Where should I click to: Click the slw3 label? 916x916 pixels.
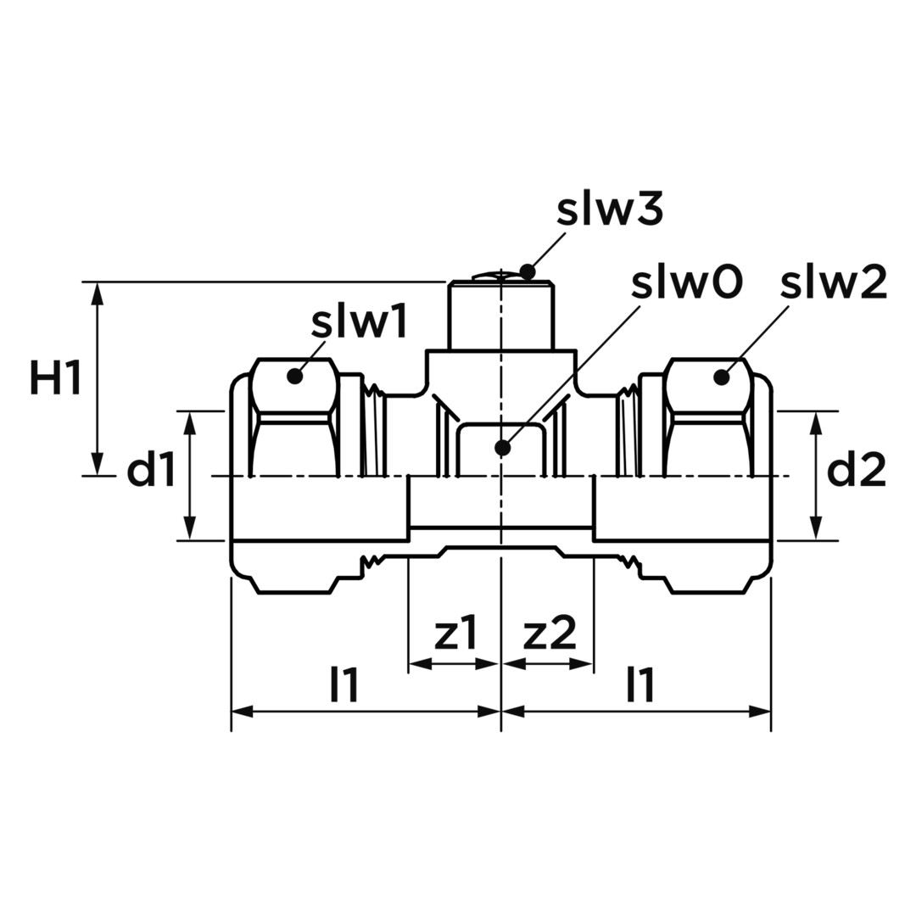[610, 210]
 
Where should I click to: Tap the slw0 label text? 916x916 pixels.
[687, 282]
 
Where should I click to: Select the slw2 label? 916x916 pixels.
[835, 282]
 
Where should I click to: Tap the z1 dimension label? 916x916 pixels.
[456, 634]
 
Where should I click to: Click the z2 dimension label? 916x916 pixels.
[549, 634]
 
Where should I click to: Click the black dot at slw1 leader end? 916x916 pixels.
[295, 377]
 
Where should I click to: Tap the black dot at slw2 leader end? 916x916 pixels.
[722, 377]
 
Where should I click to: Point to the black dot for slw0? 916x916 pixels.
[502, 448]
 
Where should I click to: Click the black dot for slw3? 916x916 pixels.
[528, 271]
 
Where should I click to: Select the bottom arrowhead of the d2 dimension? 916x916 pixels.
[816, 529]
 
